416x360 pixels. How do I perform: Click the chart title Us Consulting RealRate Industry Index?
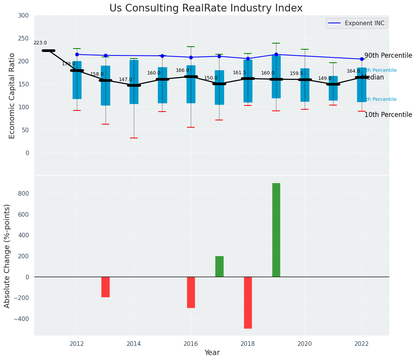206,8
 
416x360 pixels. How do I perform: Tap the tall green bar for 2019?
276,230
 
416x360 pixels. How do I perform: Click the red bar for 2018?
248,302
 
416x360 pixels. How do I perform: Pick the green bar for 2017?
219,266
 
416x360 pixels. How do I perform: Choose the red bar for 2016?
191,292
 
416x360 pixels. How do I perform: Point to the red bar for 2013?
106,287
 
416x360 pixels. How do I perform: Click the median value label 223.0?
40,43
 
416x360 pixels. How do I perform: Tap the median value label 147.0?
125,80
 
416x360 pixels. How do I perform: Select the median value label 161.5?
239,73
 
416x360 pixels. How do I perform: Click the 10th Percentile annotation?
388,115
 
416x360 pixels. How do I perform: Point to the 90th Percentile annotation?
388,56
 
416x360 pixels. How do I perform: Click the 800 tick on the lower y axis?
24,193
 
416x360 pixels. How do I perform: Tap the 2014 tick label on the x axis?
134,344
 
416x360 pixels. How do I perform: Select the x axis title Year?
212,353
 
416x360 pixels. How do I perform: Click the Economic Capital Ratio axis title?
12,96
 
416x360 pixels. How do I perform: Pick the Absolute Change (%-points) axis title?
7,256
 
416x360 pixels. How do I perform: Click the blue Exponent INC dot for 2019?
276,54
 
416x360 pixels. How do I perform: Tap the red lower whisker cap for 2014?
134,138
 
